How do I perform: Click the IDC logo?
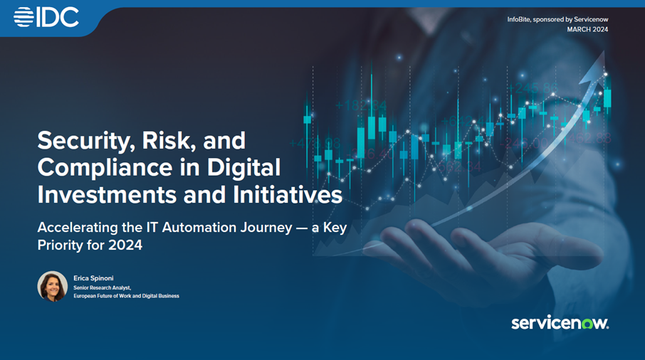[46, 17]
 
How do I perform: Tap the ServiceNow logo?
[560, 323]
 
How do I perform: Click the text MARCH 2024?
[587, 29]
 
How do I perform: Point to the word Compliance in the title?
[105, 167]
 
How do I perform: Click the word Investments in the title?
[107, 194]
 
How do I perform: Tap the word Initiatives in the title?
[288, 194]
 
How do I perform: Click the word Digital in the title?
[243, 169]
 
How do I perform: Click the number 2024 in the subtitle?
[125, 245]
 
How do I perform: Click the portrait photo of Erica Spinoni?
[53, 287]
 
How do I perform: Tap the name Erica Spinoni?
[93, 278]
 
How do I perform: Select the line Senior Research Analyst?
[103, 287]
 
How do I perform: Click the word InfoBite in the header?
[518, 19]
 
